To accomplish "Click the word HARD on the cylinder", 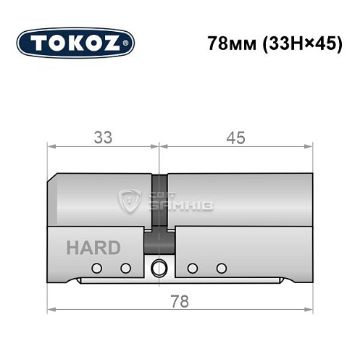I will tap(93, 248).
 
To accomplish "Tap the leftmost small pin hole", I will tap(96, 269).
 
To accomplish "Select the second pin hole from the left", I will tap(125, 269).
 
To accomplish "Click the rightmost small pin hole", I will tap(221, 269).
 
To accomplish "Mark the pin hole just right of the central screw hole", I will tap(192, 269).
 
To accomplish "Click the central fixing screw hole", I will tap(159, 269).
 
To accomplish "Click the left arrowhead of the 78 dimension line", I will tap(51, 311).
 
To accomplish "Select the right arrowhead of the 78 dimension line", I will tap(311, 311).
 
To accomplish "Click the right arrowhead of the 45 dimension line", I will tap(311, 147).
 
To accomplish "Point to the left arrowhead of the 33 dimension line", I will tap(51, 147).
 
